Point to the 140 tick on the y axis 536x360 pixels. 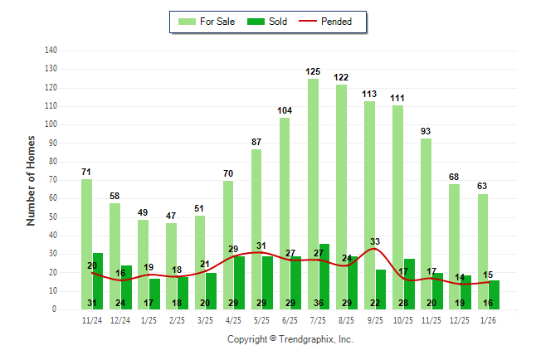[x=51, y=51]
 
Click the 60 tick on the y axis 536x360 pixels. [x=52, y=198]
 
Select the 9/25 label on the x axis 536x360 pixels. [x=375, y=319]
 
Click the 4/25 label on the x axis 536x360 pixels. [x=233, y=319]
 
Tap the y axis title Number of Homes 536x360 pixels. [x=31, y=180]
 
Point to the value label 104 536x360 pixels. [x=285, y=111]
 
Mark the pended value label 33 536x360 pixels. [x=375, y=241]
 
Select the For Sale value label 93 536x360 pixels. [x=426, y=131]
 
